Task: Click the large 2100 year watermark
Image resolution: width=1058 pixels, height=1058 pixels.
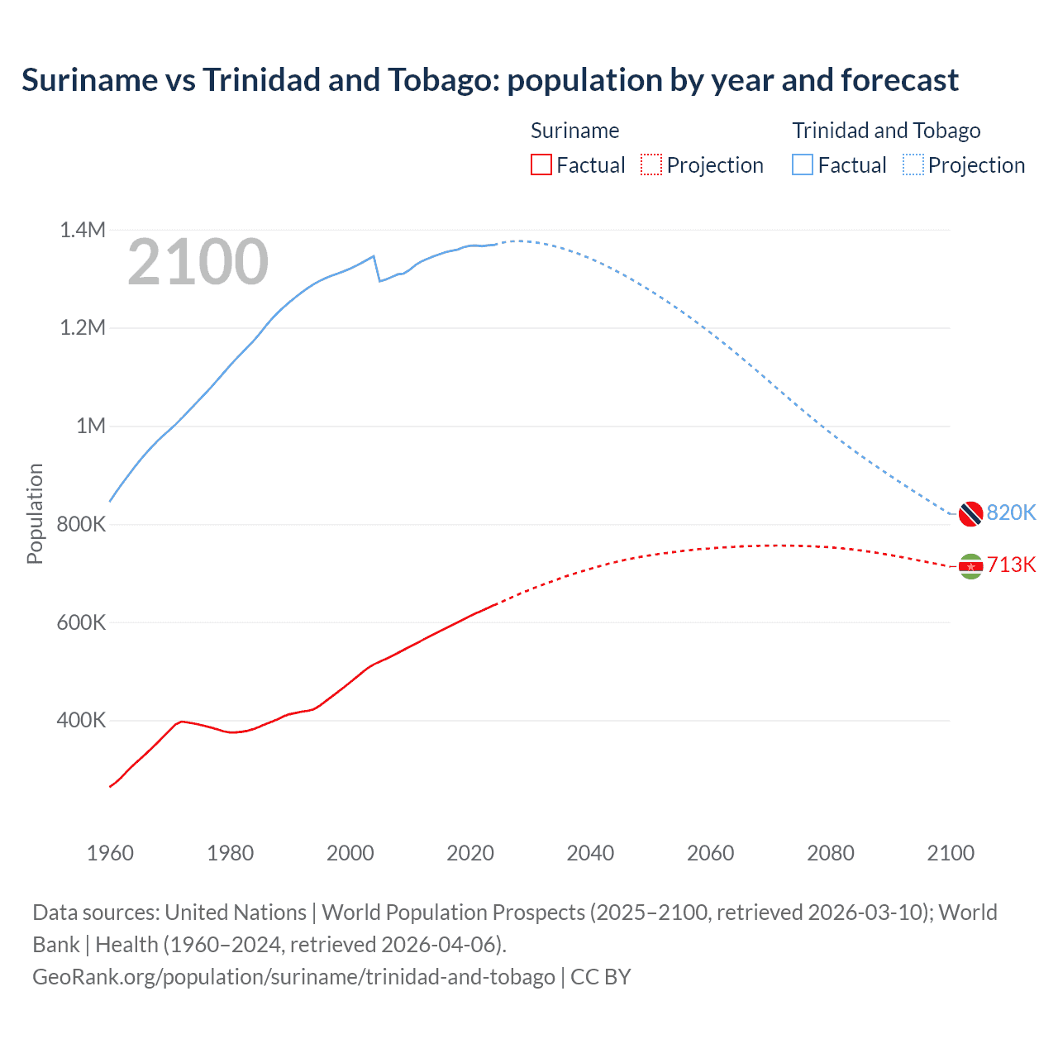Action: tap(198, 262)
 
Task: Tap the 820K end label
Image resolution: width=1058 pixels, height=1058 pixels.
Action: tap(1011, 512)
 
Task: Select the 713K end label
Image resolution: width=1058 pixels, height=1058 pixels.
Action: tap(1011, 565)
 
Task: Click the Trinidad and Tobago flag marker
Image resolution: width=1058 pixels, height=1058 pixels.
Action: tap(970, 513)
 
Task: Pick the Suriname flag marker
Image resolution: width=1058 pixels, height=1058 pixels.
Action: tap(970, 566)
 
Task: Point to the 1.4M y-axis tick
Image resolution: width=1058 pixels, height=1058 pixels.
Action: tap(83, 230)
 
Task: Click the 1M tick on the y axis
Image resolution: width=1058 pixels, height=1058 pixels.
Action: tap(91, 426)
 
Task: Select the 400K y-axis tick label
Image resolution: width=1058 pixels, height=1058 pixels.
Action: tap(81, 720)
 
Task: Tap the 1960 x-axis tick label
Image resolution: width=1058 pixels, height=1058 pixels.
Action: tap(110, 853)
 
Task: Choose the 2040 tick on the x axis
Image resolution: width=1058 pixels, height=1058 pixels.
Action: tap(590, 853)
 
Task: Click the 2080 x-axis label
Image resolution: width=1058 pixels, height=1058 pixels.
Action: tap(830, 853)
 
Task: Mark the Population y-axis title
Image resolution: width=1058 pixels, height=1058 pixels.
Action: tap(35, 513)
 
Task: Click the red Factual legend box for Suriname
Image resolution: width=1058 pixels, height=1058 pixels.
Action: tap(541, 164)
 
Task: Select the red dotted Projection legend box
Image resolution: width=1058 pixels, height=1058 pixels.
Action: tap(651, 164)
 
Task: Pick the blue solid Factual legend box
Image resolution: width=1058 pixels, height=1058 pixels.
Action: tap(802, 164)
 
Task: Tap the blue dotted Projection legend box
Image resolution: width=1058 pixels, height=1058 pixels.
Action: tap(913, 164)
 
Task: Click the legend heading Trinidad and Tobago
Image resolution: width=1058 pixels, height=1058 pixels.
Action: tap(886, 131)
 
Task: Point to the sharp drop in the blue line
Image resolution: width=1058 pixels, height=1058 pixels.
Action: tap(377, 269)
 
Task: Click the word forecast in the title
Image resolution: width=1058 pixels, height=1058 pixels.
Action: tap(899, 80)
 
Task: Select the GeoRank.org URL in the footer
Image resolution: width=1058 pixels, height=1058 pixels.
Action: tap(293, 977)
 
